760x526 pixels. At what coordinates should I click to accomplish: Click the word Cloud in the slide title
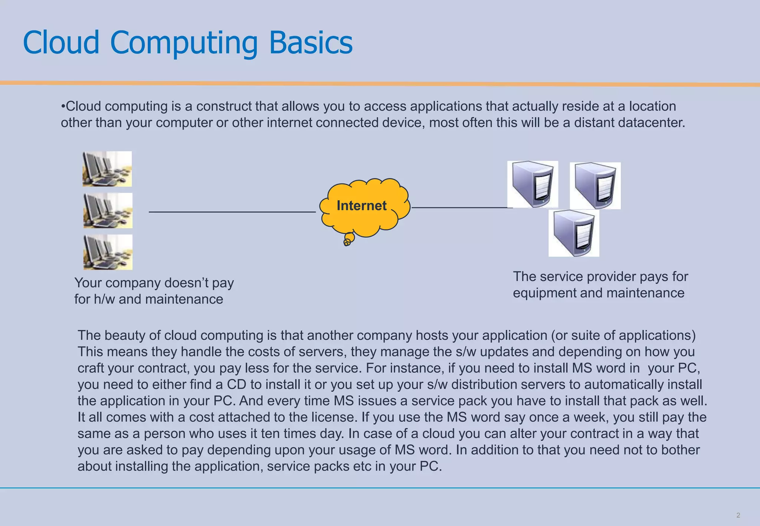[x=61, y=42]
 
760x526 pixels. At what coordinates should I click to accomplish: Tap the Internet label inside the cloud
[x=361, y=206]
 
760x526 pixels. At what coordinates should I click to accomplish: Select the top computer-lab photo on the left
[x=107, y=169]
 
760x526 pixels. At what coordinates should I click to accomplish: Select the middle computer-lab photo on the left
[x=108, y=210]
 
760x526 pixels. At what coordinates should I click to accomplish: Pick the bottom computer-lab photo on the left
[x=108, y=252]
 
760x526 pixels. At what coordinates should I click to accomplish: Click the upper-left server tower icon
[x=533, y=184]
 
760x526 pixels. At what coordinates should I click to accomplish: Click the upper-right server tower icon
[x=595, y=185]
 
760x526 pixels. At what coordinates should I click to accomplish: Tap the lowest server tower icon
[x=574, y=233]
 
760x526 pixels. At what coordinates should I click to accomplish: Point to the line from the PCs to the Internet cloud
[x=232, y=212]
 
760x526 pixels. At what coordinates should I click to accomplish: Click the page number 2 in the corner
[x=738, y=515]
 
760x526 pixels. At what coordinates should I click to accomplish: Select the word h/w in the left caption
[x=104, y=299]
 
